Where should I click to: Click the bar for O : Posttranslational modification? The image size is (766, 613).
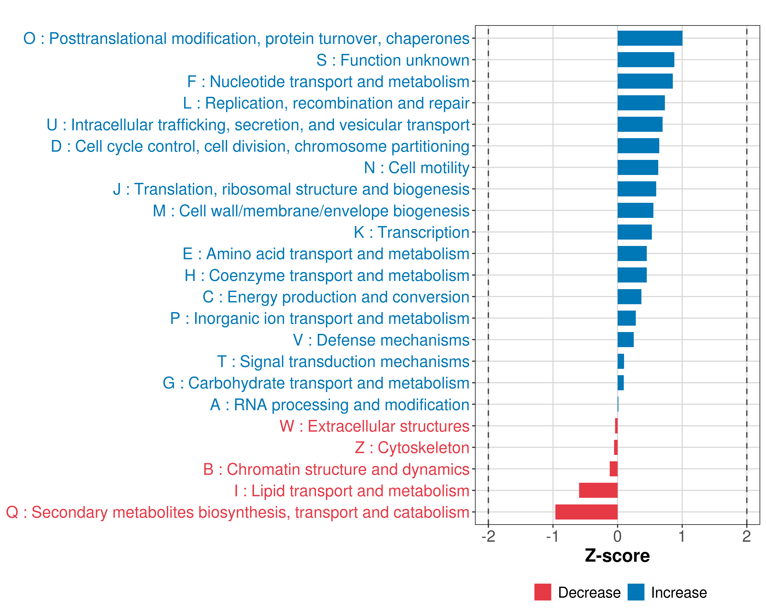click(x=650, y=38)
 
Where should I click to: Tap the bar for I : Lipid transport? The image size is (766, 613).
click(x=598, y=490)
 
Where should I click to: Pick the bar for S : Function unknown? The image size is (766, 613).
click(x=645, y=60)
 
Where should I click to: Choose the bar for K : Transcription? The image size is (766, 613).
click(x=635, y=232)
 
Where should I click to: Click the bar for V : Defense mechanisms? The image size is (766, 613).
click(x=625, y=340)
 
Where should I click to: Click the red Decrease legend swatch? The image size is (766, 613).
click(x=543, y=592)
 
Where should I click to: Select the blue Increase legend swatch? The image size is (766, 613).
click(x=636, y=592)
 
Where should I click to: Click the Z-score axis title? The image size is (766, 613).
click(x=617, y=556)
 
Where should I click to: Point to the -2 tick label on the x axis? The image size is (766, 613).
click(x=488, y=537)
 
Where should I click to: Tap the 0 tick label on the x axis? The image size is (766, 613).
click(x=617, y=537)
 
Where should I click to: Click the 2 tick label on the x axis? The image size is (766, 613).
click(x=746, y=537)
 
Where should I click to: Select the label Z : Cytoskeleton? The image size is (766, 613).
click(x=412, y=448)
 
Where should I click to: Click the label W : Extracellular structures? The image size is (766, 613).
click(x=375, y=426)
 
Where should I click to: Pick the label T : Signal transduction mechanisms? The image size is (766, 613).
click(x=343, y=361)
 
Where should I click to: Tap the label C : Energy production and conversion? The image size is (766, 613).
click(x=336, y=297)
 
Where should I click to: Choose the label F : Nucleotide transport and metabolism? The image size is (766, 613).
click(x=328, y=81)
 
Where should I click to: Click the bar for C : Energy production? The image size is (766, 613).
click(x=629, y=297)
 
